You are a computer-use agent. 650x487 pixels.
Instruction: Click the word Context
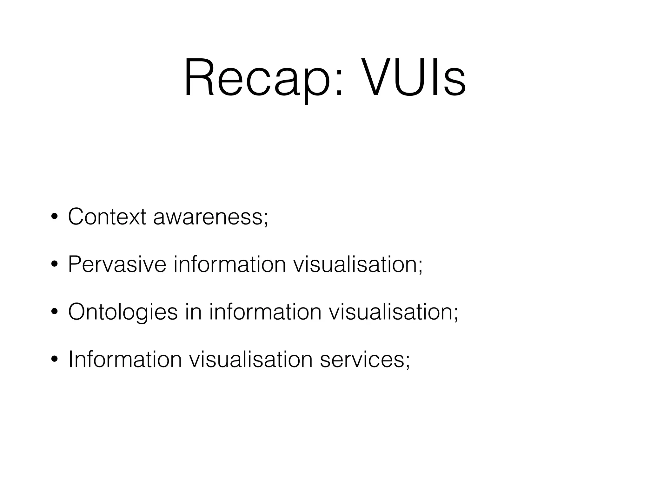(x=107, y=217)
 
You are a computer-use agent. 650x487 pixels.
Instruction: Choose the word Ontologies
(x=123, y=312)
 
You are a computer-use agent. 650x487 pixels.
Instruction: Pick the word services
(x=361, y=360)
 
